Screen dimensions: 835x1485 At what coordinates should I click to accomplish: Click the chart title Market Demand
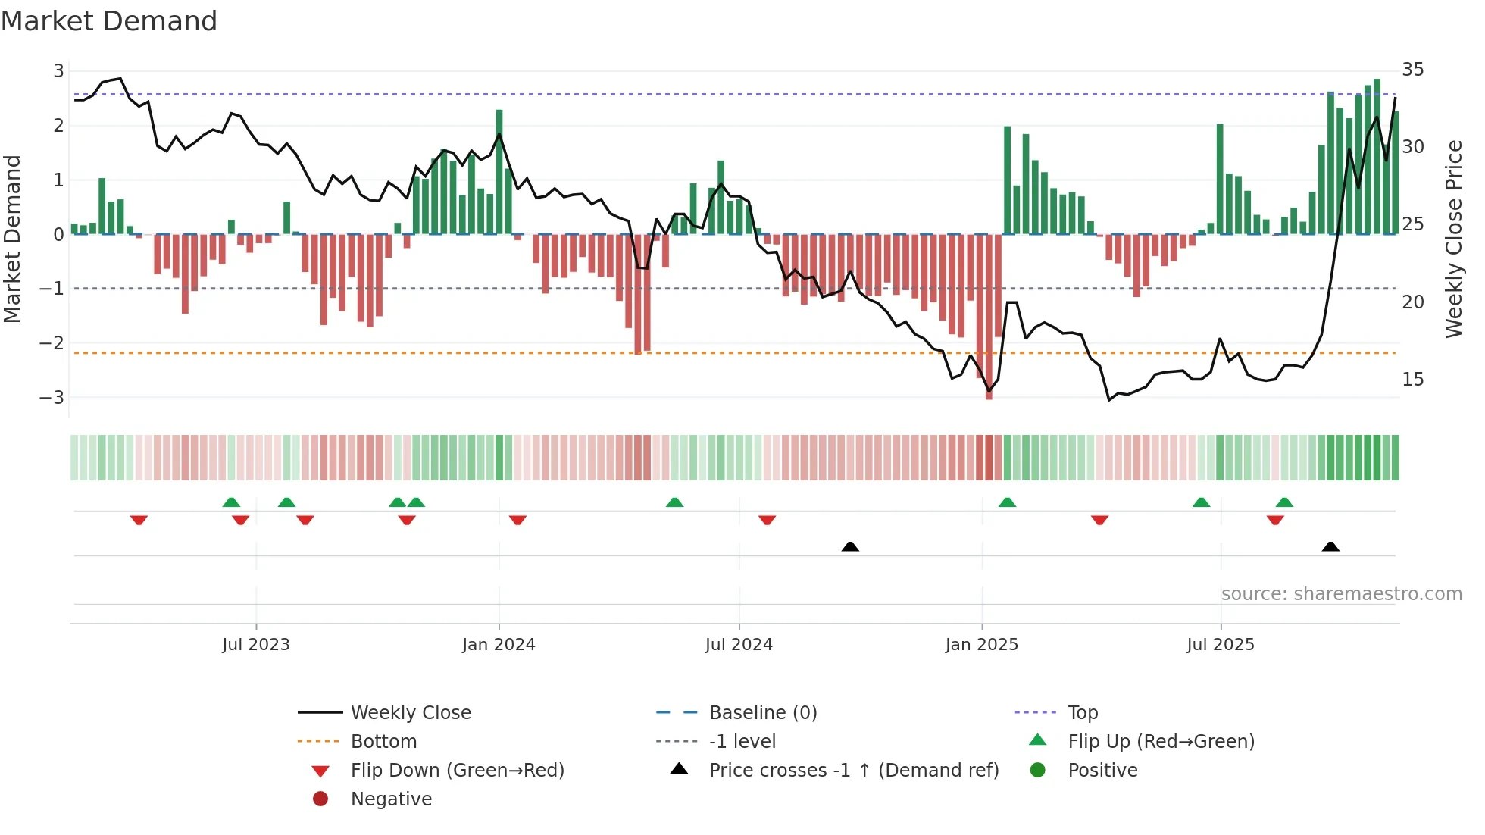pos(109,21)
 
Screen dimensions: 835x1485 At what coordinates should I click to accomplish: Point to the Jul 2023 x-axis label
pos(255,645)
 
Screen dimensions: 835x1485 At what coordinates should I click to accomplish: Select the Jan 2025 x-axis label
pos(981,645)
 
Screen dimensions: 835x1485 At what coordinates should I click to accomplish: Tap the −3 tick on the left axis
pos(52,397)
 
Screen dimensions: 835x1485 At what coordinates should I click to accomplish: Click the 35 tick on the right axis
pos(1412,70)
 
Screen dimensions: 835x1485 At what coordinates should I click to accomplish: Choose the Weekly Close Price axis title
pos(1453,239)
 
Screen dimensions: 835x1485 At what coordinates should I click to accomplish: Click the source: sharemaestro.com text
pos(1341,594)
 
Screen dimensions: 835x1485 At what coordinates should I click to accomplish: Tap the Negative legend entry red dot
pos(320,799)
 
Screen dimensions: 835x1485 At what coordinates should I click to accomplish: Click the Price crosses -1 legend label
pos(853,771)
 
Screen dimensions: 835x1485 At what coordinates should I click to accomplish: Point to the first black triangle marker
pos(850,546)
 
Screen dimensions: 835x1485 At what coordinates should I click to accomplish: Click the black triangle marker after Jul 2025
pos(1330,546)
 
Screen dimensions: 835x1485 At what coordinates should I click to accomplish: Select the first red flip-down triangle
pos(139,520)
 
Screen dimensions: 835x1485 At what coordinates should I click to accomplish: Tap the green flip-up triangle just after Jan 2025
pos(1007,502)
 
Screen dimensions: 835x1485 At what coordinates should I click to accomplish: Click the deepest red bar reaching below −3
pos(989,318)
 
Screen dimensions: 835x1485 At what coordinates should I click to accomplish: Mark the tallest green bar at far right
pos(1377,156)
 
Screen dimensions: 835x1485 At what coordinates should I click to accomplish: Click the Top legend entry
pos(1082,713)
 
